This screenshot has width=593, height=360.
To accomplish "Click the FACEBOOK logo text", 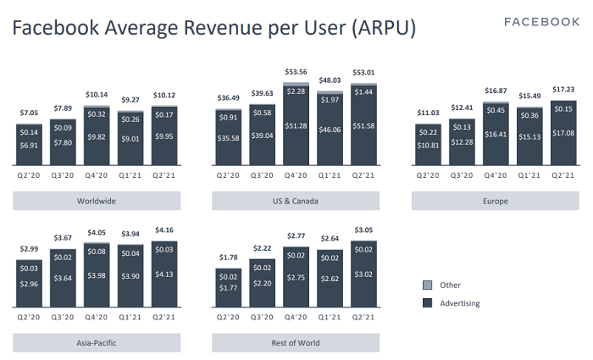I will [541, 22].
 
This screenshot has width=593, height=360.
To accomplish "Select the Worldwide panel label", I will [96, 202].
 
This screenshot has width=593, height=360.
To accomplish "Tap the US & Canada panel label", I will [296, 202].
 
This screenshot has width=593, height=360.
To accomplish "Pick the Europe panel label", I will [496, 202].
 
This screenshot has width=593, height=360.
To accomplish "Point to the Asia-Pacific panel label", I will [96, 343].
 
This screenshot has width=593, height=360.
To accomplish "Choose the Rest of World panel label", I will [296, 343].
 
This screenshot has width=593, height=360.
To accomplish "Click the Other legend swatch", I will [427, 285].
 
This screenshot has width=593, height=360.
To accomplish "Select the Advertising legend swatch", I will [427, 303].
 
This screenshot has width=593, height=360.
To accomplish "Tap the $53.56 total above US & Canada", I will [296, 73].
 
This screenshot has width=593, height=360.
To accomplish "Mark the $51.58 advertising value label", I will [363, 125].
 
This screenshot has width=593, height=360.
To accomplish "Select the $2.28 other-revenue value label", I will [296, 91].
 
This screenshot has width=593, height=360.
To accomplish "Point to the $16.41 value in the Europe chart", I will [496, 133].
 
